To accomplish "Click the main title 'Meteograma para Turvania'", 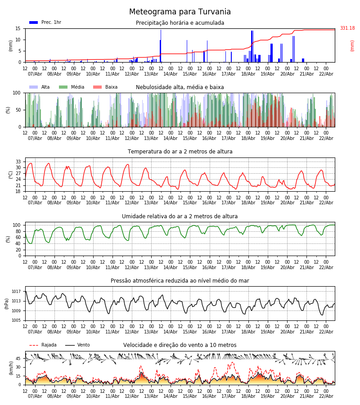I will [180, 12].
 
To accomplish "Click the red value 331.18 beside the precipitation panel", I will [347, 28].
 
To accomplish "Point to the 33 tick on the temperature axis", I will [18, 162].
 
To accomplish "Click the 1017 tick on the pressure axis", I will [17, 292].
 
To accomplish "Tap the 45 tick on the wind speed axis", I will [18, 359].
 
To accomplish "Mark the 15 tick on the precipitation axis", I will [18, 28].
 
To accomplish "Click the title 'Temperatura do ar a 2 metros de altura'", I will [180, 152].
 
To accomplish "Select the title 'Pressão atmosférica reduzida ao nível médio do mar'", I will [180, 281].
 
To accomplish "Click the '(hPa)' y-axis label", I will [7, 303].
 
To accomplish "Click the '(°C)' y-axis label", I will [11, 175].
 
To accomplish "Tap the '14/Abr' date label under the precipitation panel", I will [170, 74].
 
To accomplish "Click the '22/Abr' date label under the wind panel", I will [326, 396].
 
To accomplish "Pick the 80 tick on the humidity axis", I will [18, 231].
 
